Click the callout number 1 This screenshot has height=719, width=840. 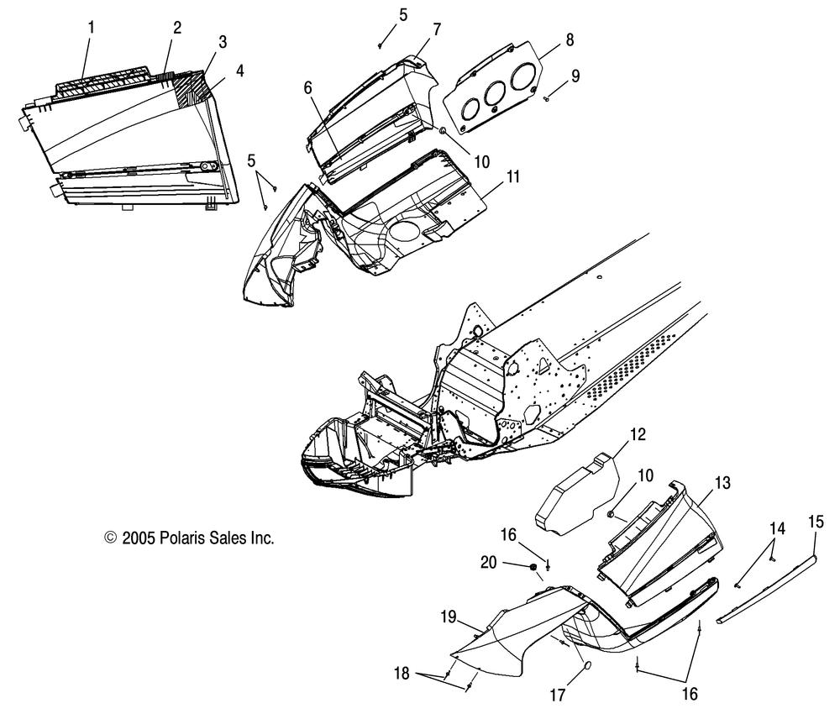tap(92, 27)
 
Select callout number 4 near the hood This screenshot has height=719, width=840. tap(240, 71)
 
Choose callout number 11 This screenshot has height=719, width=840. tap(512, 176)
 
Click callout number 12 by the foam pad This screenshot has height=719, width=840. tap(638, 434)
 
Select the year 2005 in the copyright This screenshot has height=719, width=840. tap(138, 538)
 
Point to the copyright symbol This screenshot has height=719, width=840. tap(109, 538)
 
